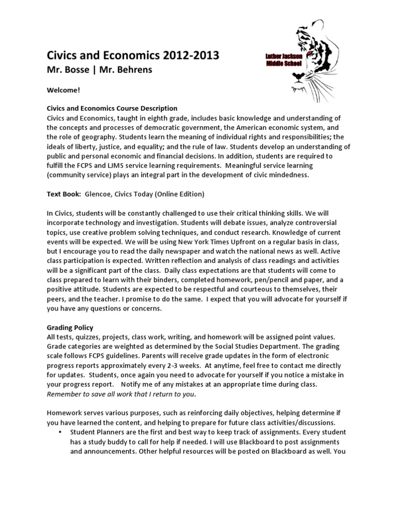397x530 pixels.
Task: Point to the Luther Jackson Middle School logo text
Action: pyautogui.click(x=285, y=57)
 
